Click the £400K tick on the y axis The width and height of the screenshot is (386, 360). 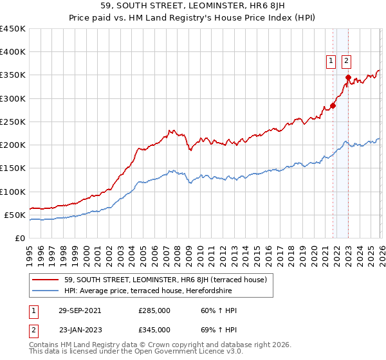click(13, 52)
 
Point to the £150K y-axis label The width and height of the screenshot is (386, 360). click(13, 168)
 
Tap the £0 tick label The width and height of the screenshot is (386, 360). click(19, 238)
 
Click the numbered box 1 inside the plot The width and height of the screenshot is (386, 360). click(331, 61)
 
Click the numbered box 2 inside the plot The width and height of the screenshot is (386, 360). click(346, 61)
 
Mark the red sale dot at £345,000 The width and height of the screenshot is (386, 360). click(348, 78)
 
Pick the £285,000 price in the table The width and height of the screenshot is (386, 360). click(154, 310)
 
